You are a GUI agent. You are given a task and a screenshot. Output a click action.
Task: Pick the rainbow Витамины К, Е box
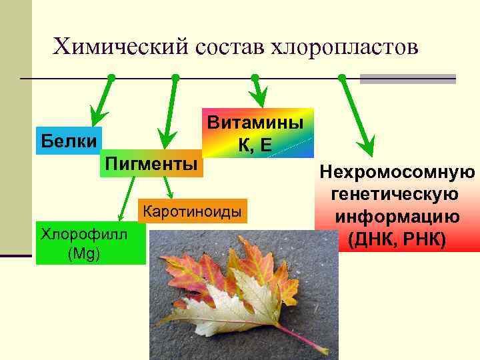point(257,133)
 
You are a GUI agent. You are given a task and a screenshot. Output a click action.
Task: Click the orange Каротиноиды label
point(192,212)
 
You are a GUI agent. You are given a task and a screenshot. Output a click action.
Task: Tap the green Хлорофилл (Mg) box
point(90,243)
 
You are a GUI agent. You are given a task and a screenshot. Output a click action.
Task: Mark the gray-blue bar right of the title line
point(407,79)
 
